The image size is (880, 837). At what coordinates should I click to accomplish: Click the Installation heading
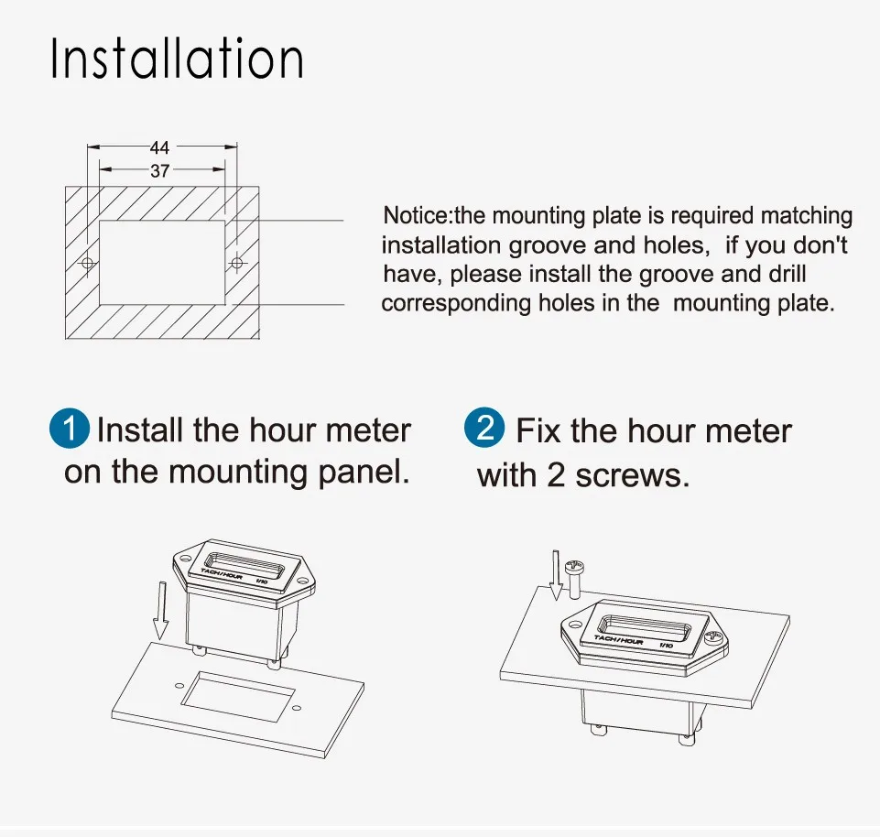point(178,58)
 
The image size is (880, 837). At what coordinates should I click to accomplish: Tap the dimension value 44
point(159,147)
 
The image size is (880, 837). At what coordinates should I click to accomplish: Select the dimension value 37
point(159,170)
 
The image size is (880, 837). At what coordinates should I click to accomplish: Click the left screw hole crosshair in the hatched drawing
point(88,263)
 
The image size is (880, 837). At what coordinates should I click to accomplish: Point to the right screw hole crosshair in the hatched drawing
point(237,263)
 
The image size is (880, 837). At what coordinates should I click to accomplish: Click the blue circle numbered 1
point(70,429)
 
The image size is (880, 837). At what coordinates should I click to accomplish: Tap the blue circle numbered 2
point(484,428)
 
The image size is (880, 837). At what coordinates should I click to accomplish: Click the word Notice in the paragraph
point(417,215)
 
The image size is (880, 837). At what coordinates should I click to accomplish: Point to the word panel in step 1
point(364,472)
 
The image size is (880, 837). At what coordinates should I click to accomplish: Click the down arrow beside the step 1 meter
point(161,610)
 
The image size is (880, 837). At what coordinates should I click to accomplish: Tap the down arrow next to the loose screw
point(556,575)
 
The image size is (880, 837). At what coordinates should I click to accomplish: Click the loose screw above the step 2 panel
point(575,578)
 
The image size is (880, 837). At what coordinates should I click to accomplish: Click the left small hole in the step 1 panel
point(179,685)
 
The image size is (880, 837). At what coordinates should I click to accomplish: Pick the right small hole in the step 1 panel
point(297,708)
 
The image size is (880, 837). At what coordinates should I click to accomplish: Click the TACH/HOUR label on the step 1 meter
point(222,574)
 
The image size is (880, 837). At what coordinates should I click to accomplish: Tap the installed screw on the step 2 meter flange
point(714,636)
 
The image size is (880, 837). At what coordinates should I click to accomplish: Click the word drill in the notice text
point(788,274)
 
